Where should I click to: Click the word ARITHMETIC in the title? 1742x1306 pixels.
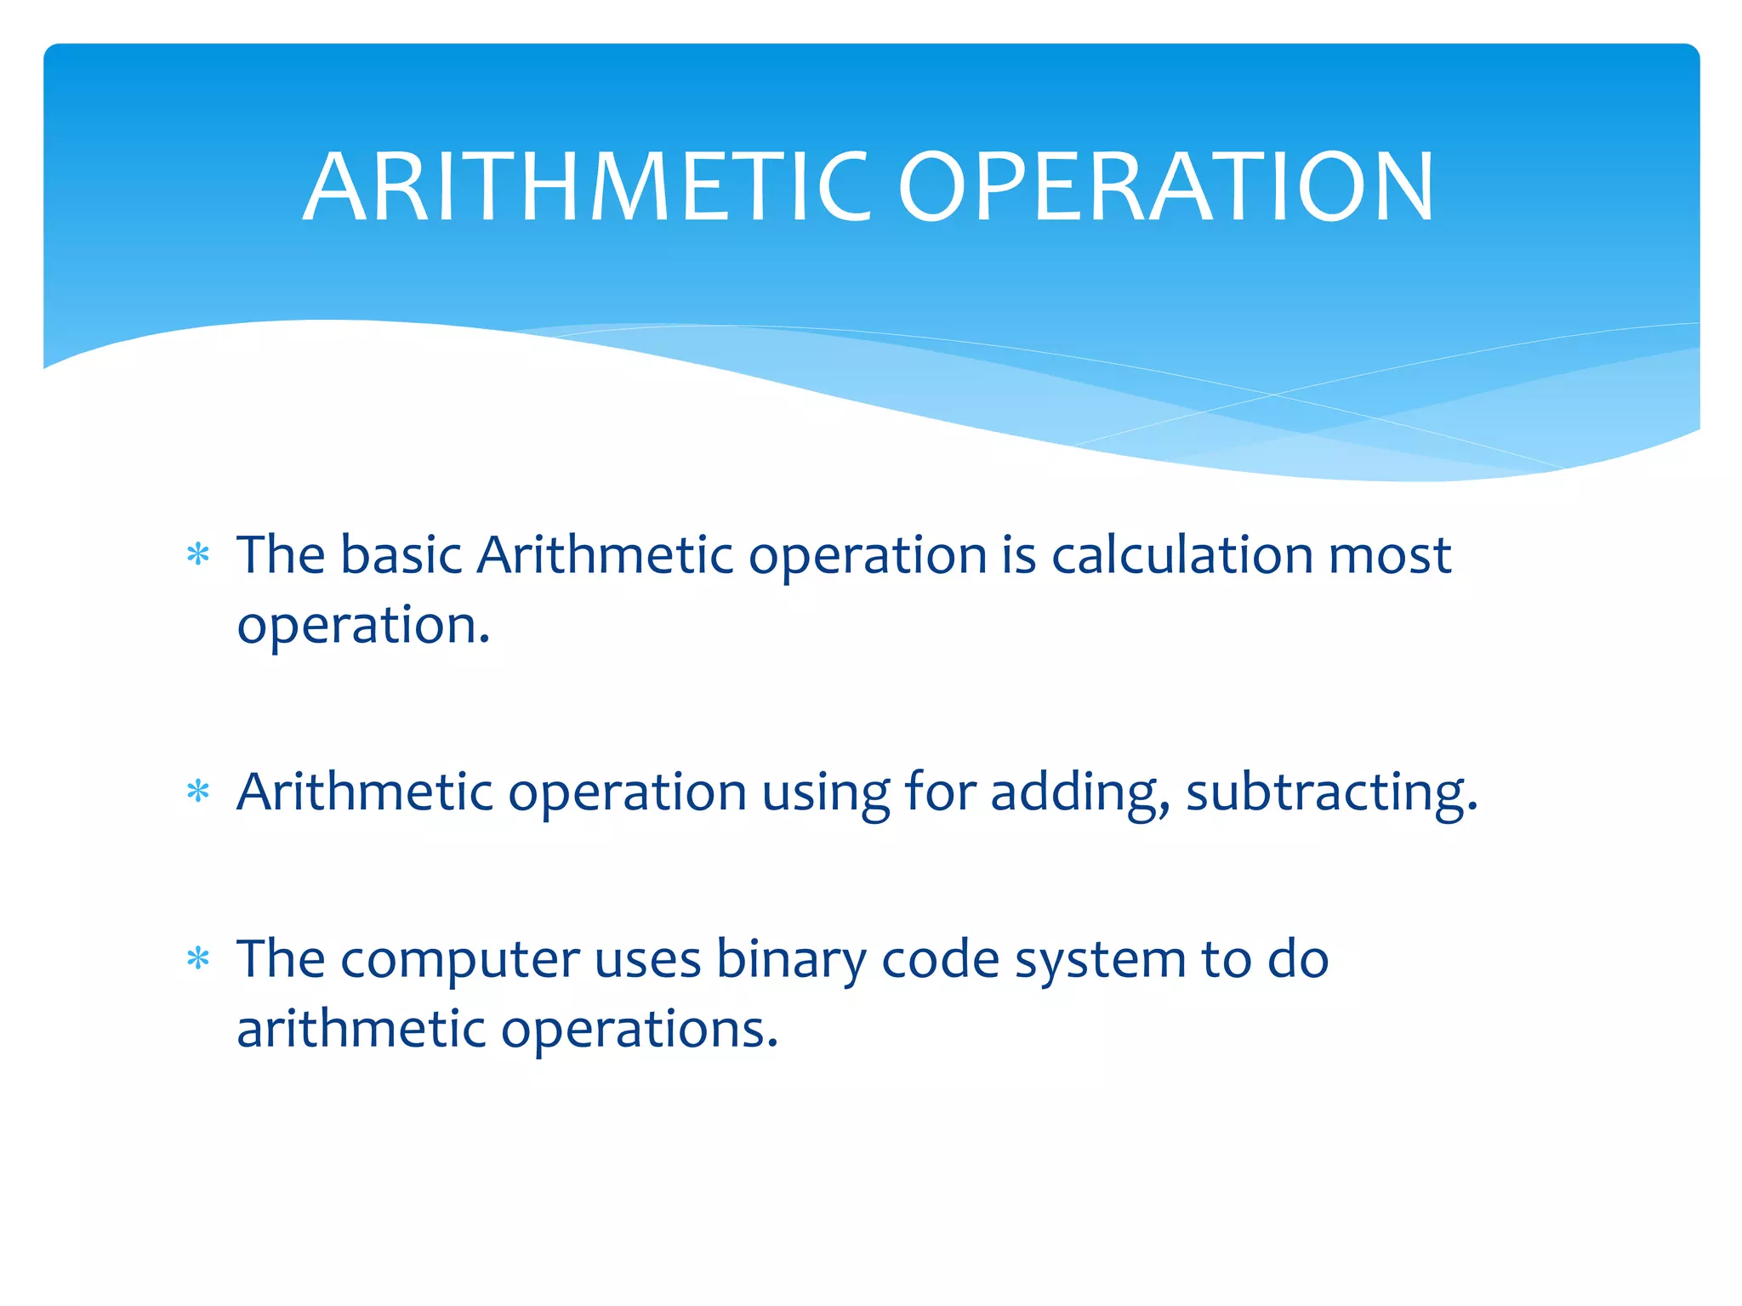point(587,187)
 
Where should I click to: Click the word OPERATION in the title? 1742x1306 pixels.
point(1166,187)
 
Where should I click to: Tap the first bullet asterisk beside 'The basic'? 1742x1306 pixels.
point(198,555)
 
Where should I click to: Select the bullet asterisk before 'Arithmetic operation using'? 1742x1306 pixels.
point(198,792)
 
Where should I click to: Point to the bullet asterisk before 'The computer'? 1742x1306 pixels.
point(198,959)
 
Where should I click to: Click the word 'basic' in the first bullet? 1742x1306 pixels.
point(401,555)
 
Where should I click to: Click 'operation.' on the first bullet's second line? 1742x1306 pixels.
point(363,627)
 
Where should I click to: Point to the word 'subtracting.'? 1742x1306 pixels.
point(1331,793)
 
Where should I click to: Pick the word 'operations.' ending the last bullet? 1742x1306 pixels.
point(639,1031)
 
